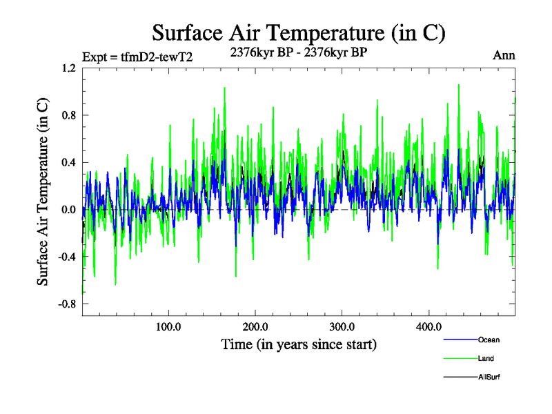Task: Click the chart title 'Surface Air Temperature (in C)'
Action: pyautogui.click(x=298, y=32)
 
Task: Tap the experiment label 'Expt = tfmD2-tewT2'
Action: pyautogui.click(x=137, y=57)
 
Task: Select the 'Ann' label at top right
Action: pyautogui.click(x=504, y=55)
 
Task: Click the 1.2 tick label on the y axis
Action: pyautogui.click(x=68, y=68)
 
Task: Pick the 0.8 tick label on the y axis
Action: pyautogui.click(x=68, y=115)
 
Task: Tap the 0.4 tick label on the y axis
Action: pyautogui.click(x=68, y=163)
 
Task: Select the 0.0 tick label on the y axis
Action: pyautogui.click(x=68, y=210)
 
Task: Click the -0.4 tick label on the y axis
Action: pyautogui.click(x=67, y=257)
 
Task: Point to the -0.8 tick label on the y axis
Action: pyautogui.click(x=67, y=304)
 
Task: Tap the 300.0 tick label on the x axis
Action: pyautogui.click(x=342, y=327)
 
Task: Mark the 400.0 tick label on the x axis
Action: pyautogui.click(x=428, y=327)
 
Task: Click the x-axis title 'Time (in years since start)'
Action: pyautogui.click(x=299, y=344)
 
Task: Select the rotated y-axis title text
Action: pyautogui.click(x=43, y=192)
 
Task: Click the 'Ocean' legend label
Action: pyautogui.click(x=489, y=339)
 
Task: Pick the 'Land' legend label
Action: pyautogui.click(x=486, y=358)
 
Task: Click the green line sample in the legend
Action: pyautogui.click(x=460, y=358)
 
